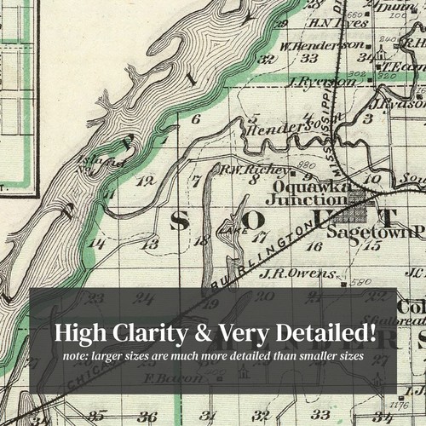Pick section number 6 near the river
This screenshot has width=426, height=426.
(195, 120)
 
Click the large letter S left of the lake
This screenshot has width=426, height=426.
(180, 220)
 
